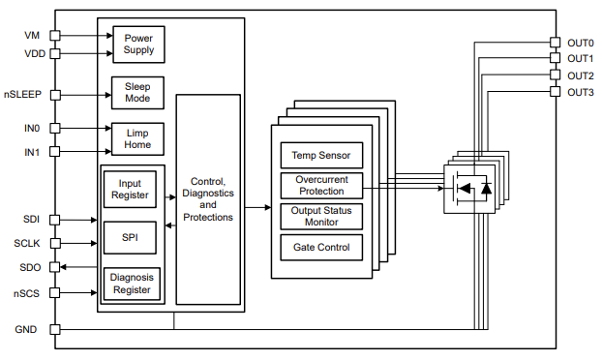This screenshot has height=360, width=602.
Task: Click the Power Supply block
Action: [x=138, y=44]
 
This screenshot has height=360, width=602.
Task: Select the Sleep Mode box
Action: [x=138, y=94]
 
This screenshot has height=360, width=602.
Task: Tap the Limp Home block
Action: [x=138, y=138]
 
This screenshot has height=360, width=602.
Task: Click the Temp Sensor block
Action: [x=321, y=155]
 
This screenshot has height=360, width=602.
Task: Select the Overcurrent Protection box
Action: [x=321, y=185]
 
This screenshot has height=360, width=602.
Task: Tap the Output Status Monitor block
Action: [x=321, y=216]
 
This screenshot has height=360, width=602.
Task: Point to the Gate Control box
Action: [x=321, y=247]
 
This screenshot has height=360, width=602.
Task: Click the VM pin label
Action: [x=32, y=36]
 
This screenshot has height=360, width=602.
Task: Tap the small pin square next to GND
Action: [x=55, y=329]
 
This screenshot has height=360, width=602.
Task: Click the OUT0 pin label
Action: [x=580, y=43]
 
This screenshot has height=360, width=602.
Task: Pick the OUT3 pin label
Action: [x=580, y=92]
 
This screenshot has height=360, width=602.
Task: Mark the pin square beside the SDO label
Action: [x=55, y=267]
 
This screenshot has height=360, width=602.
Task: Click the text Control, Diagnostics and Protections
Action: [x=208, y=198]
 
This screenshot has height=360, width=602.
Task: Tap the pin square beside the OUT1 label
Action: [x=555, y=59]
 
